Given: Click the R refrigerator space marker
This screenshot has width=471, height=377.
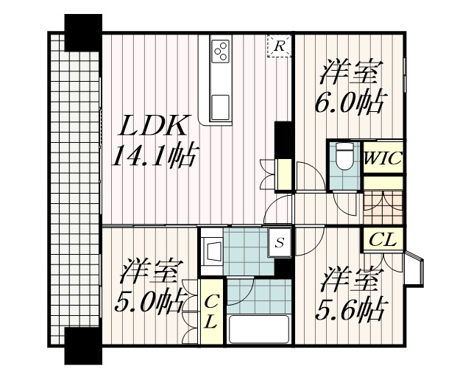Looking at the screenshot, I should [x=280, y=46].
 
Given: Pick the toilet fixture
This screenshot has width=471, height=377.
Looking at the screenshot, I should [x=344, y=157].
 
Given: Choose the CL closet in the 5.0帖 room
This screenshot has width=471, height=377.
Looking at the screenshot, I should [x=210, y=312].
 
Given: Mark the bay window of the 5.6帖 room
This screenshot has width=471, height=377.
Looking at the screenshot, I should [x=417, y=269].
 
